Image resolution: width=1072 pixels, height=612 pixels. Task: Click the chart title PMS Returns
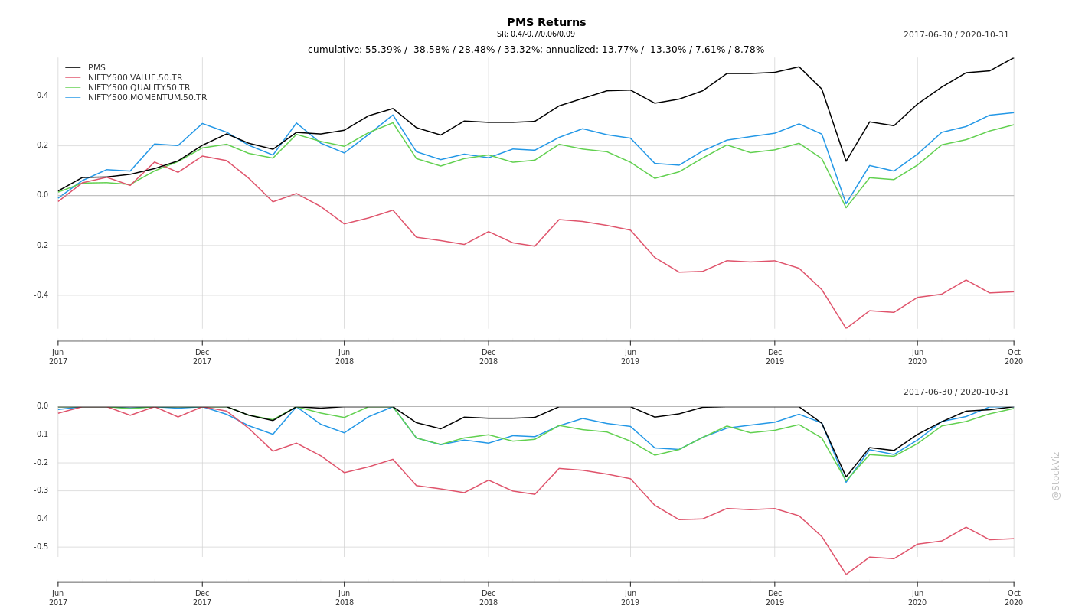coord(546,23)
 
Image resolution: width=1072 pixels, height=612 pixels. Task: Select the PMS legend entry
coord(96,68)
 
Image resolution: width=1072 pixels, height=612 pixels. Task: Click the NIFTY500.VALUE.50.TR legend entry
coord(135,78)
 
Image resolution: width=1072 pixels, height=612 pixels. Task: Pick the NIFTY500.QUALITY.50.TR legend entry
coord(139,88)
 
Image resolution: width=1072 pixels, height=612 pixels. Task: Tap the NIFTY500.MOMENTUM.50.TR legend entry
coord(147,98)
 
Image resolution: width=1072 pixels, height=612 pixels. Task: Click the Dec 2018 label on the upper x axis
coord(489,356)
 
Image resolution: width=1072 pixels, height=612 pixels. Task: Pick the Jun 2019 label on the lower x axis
coord(630,597)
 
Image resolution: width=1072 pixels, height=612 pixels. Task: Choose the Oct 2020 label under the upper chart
coord(1014,356)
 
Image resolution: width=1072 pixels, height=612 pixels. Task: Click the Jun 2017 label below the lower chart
coord(58,597)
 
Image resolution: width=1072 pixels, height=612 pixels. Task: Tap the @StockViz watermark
coord(1056,475)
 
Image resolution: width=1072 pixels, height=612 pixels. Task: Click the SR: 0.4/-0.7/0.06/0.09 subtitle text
coord(535,34)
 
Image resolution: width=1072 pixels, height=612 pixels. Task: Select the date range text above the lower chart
coord(956,392)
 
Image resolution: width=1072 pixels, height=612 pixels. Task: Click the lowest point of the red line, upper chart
coord(846,329)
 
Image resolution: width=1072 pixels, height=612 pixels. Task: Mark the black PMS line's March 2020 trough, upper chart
coord(846,161)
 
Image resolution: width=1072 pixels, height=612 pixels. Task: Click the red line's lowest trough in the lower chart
coord(846,575)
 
